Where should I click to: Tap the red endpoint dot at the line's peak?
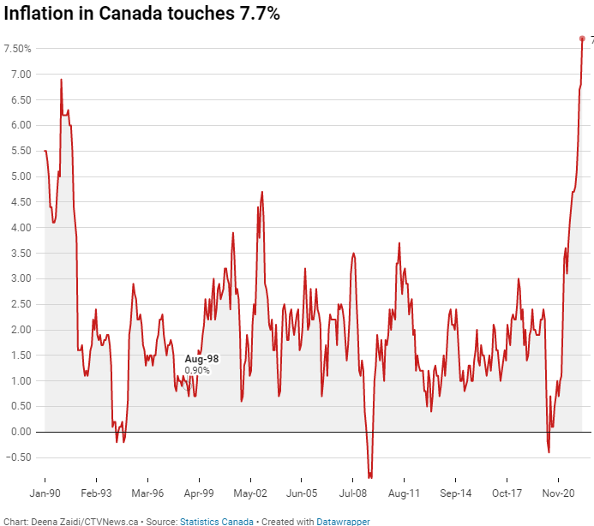[x=582, y=39]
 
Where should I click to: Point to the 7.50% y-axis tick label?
[x=17, y=49]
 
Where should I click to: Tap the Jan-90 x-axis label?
[x=45, y=493]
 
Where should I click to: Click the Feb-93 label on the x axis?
[x=96, y=493]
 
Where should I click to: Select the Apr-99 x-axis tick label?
[x=199, y=493]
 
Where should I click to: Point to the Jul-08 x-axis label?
[x=353, y=493]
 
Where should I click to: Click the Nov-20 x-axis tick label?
[x=558, y=493]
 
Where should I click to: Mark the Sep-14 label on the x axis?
[x=455, y=493]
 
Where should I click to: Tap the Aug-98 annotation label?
[x=203, y=359]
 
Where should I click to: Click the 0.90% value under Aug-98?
[x=197, y=370]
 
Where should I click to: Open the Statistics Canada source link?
[x=216, y=521]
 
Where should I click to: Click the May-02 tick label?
[x=250, y=493]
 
